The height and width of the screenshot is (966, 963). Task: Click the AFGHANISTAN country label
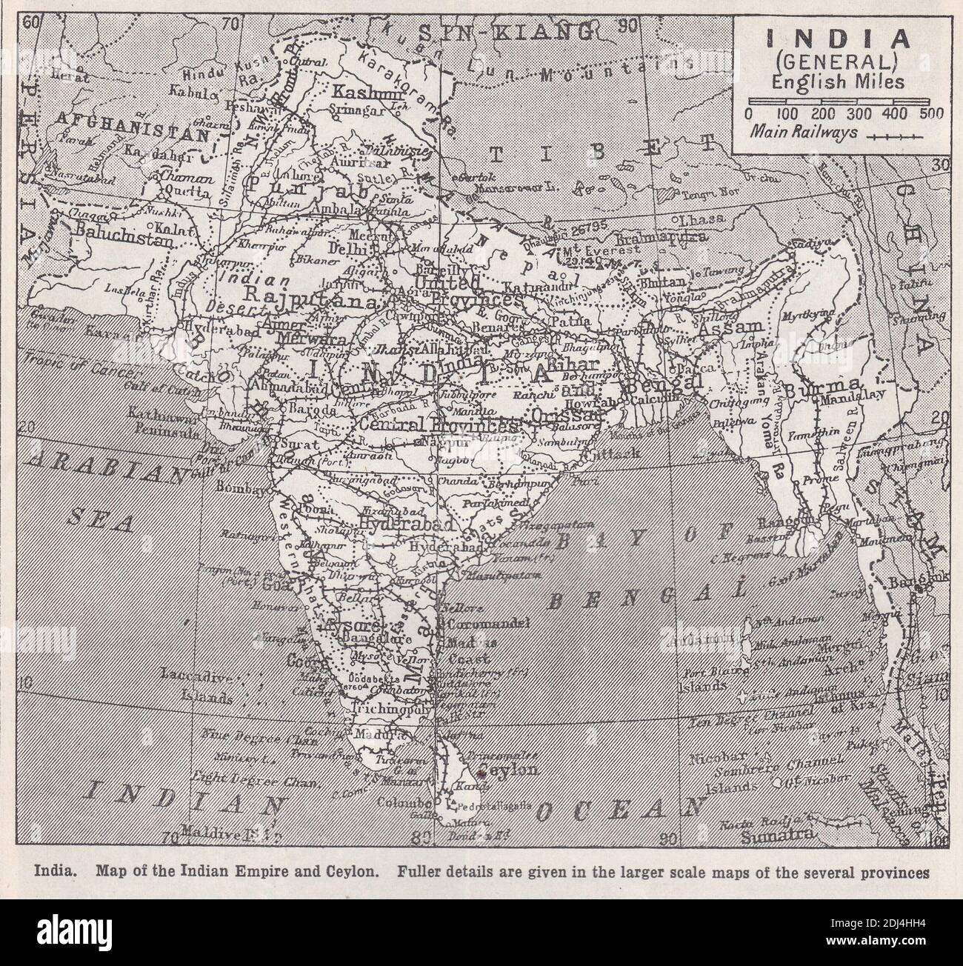(111, 118)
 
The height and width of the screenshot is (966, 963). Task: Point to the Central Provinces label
(434, 425)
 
